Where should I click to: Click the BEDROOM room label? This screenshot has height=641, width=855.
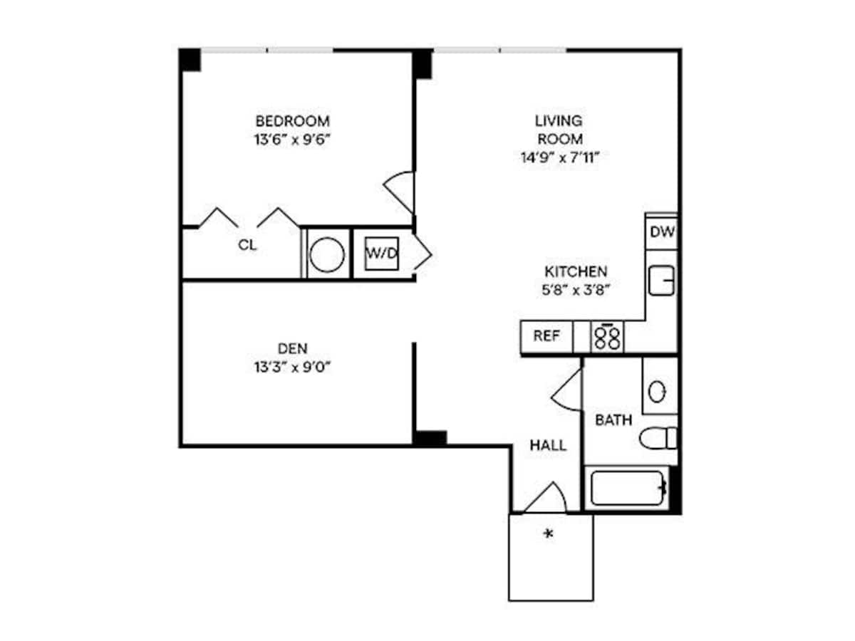[x=292, y=120]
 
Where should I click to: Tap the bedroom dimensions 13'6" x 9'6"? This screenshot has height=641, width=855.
[x=292, y=140]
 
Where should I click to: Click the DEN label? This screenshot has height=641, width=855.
[x=292, y=348]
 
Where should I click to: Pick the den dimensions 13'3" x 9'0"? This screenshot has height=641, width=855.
[x=292, y=368]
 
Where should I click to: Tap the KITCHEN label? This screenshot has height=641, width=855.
[x=576, y=271]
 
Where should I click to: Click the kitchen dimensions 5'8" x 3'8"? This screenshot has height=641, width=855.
[x=576, y=290]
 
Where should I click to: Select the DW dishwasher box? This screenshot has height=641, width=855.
[x=662, y=232]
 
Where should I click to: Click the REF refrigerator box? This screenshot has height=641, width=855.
[x=546, y=336]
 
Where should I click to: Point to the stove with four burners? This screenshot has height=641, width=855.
[x=608, y=337]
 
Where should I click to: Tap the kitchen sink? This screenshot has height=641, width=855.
[x=661, y=279]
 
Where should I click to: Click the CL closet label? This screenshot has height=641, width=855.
[x=247, y=246]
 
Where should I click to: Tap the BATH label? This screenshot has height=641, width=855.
[x=613, y=420]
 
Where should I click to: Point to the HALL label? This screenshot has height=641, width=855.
[x=548, y=446]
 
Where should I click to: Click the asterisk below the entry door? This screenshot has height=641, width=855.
[x=549, y=533]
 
